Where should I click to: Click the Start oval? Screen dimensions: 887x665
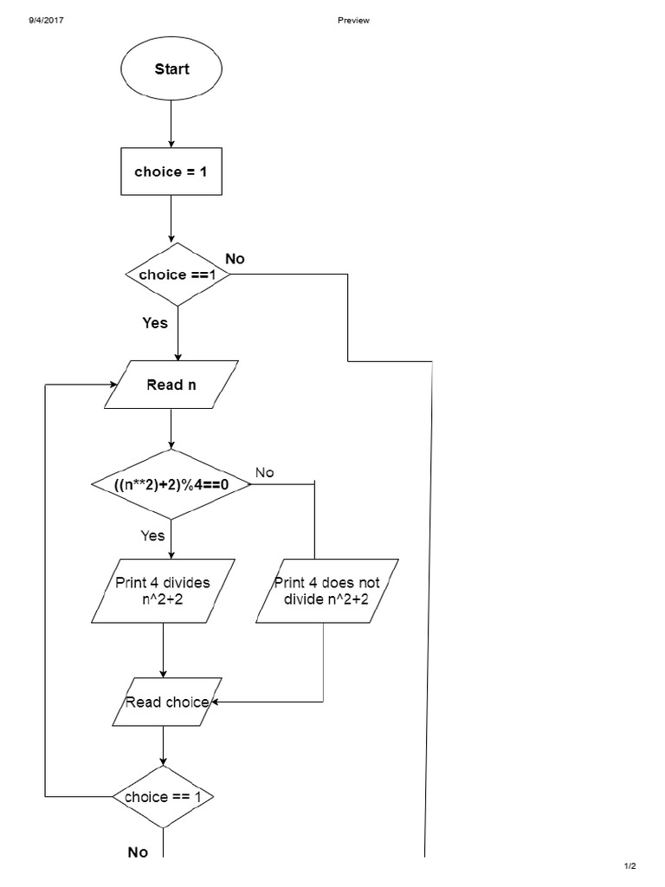coord(171,69)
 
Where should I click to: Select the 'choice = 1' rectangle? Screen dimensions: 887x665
coord(171,172)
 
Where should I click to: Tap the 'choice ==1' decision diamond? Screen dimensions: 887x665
coord(178,275)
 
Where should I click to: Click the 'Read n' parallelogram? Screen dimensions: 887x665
coord(171,385)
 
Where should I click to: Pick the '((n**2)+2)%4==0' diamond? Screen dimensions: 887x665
coord(171,484)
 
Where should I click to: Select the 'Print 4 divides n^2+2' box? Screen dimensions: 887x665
coord(163,591)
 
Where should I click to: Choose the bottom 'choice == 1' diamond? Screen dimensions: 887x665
coord(163,797)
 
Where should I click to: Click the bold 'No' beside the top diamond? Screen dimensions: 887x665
coord(235,259)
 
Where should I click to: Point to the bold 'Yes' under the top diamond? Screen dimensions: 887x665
coord(155,323)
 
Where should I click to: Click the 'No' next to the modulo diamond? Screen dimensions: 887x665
coord(264,472)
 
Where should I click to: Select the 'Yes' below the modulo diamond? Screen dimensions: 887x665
coord(152,535)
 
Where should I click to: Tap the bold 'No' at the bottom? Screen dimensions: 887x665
coord(138,852)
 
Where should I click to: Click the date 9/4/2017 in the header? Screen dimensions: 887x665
coord(46,20)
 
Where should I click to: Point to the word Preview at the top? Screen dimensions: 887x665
coord(353,20)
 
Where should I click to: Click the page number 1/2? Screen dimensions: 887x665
coord(629,866)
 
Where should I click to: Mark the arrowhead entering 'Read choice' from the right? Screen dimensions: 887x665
coord(215,702)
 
